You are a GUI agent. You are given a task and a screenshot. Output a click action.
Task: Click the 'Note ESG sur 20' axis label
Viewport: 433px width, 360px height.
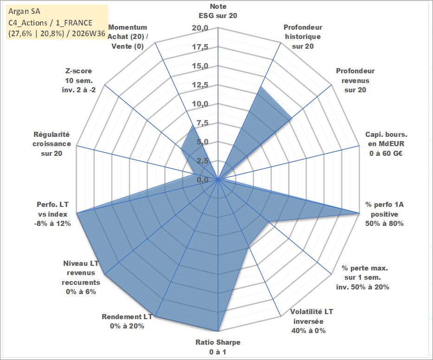click(x=218, y=11)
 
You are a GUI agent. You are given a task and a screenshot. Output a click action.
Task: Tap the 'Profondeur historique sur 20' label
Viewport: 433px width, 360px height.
click(x=303, y=37)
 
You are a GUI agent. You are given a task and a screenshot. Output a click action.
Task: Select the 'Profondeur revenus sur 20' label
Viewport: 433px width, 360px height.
click(x=355, y=80)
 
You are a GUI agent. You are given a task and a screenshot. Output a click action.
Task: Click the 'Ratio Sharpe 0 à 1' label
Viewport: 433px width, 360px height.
click(x=218, y=347)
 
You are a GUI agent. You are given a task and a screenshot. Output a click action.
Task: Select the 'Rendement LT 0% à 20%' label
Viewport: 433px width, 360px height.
click(x=127, y=321)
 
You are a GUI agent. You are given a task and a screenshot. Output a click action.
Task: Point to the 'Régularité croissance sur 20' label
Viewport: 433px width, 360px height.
click(x=52, y=144)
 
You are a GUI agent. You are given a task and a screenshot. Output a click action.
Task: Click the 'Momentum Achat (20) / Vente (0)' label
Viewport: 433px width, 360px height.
click(x=128, y=37)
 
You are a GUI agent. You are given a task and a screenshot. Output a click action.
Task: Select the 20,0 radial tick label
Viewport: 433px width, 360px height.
click(x=200, y=28)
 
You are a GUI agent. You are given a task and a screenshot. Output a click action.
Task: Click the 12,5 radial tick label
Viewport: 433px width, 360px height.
click(x=200, y=85)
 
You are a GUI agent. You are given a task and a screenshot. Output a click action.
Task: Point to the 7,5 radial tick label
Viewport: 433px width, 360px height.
click(x=202, y=123)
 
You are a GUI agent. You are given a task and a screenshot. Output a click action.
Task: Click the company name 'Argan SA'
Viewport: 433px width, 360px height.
click(x=24, y=11)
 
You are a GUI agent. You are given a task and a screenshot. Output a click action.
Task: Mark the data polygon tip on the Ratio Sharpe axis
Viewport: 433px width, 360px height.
click(x=218, y=331)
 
